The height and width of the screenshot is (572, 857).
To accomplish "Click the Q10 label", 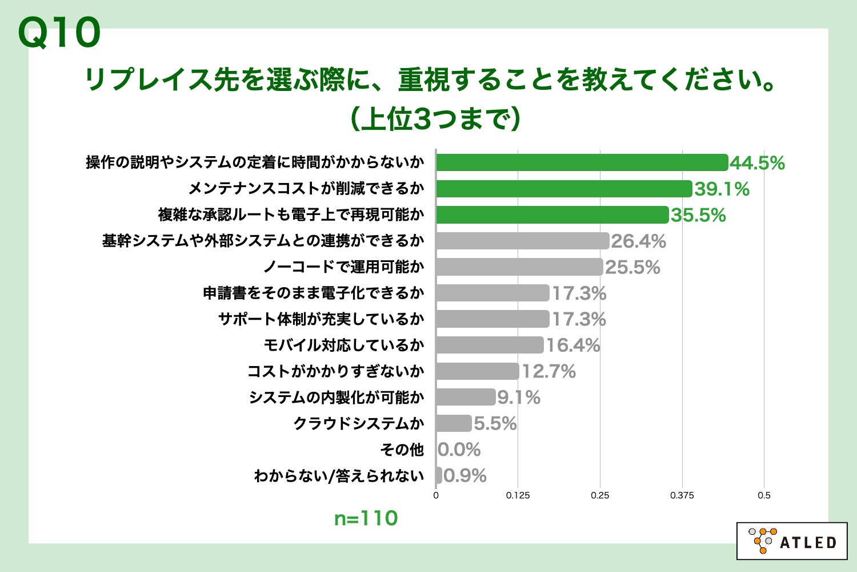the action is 59,33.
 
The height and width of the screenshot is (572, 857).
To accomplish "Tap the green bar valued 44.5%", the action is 582,163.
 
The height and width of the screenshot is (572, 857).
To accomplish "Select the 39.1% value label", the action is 722,189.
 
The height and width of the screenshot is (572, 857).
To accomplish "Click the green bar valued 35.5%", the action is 552,215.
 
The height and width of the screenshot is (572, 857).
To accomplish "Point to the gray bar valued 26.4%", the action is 522,241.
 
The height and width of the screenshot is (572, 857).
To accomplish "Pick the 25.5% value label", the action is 632,267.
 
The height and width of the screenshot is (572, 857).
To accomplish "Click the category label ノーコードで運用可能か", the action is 343,267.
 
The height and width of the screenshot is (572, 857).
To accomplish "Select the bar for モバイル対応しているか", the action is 490,345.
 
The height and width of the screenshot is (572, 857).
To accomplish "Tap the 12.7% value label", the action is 548,372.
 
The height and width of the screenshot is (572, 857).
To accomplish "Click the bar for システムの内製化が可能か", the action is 466,398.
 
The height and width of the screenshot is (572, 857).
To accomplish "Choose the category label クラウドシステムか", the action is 359,424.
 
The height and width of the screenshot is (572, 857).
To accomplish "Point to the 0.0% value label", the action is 459,450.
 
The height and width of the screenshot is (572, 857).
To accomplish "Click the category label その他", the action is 402,450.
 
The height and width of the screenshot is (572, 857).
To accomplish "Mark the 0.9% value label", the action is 465,476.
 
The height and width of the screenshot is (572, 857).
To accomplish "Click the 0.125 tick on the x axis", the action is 518,495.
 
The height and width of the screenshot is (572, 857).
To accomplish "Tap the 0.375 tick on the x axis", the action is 682,495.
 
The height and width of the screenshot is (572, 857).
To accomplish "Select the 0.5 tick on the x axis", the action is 764,495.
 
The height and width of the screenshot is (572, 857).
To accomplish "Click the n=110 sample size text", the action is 366,518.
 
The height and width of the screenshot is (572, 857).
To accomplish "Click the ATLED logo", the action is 792,541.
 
